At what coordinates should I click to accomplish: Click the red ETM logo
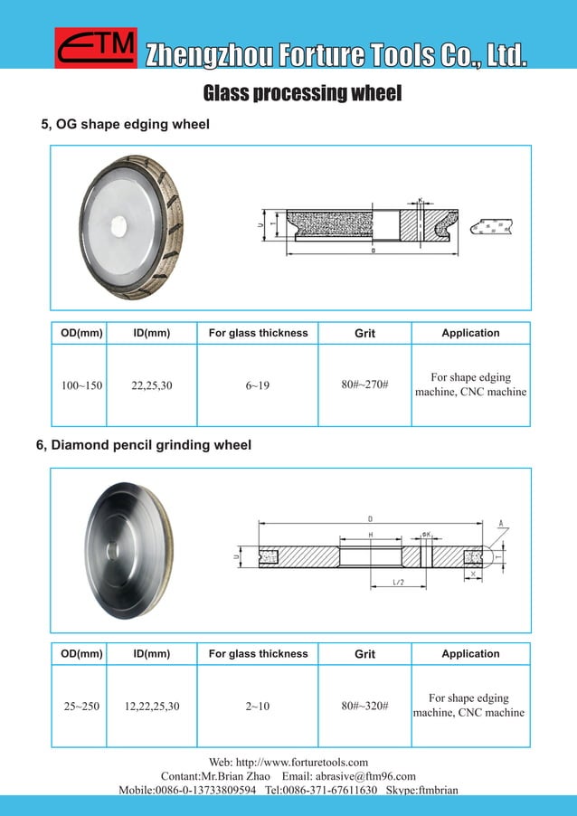click(96, 48)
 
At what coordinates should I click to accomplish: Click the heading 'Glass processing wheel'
click(302, 94)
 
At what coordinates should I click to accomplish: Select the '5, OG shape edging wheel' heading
click(126, 124)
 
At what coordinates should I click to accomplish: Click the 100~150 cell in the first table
click(81, 385)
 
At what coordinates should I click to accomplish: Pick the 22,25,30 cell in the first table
click(152, 385)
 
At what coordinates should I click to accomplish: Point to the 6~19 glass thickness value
click(258, 385)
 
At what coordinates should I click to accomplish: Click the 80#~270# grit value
click(364, 385)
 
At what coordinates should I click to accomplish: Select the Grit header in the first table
click(364, 333)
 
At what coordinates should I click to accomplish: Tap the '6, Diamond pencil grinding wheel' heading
click(144, 445)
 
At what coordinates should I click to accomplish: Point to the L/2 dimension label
click(399, 583)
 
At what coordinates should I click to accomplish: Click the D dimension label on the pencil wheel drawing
click(370, 518)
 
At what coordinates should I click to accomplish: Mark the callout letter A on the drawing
click(500, 524)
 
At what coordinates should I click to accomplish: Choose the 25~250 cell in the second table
click(81, 706)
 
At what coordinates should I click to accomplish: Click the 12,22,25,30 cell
click(152, 706)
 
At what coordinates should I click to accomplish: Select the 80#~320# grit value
click(364, 706)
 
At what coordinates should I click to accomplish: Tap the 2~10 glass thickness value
click(258, 706)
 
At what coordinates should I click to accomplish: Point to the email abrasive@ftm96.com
click(365, 776)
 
